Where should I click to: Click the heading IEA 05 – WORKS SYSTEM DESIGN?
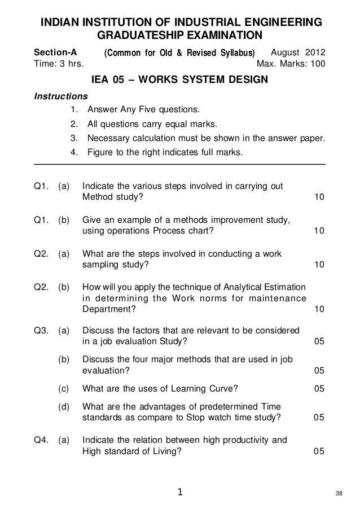click(x=179, y=81)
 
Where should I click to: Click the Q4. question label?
click(x=43, y=440)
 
